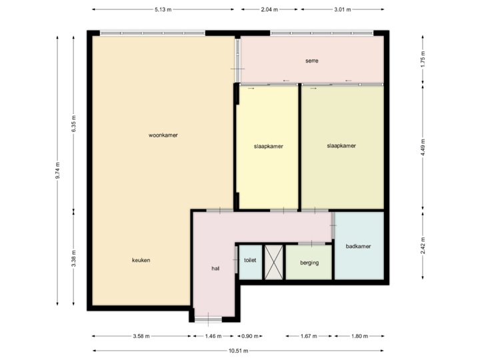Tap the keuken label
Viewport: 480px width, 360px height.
pos(141,259)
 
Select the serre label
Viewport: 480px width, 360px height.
pos(311,61)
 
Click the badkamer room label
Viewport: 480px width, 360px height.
pos(358,246)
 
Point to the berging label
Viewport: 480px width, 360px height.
pos(309,263)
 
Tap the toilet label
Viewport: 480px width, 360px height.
pos(251,260)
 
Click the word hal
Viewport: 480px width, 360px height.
pos(215,268)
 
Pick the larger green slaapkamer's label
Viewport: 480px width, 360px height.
pos(341,145)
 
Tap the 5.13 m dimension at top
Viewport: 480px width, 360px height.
pos(163,10)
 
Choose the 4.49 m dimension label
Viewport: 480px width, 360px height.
pos(423,149)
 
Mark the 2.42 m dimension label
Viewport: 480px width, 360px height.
pos(423,245)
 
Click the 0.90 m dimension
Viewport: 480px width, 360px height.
pos(250,337)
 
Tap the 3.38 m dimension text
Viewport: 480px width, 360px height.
pos(73,259)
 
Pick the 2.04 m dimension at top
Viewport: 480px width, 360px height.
pos(269,10)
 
